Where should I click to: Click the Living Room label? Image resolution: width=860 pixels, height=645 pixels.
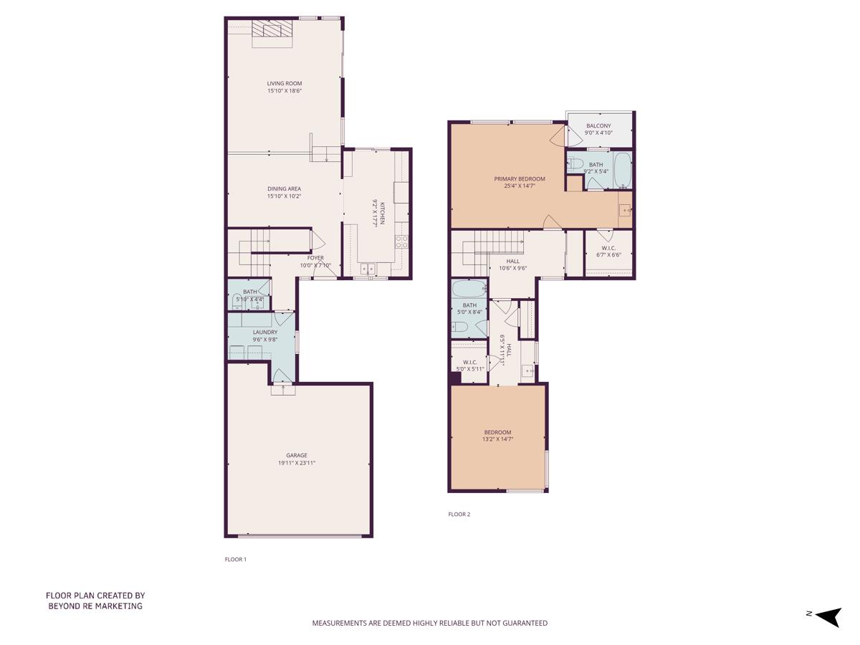[x=285, y=84]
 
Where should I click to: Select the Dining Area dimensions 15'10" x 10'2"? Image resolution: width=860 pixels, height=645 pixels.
[x=285, y=196]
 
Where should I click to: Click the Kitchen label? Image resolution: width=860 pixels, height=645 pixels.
[x=383, y=213]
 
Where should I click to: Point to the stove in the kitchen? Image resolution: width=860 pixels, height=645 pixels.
[x=402, y=242]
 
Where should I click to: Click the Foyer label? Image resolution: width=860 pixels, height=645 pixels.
[x=315, y=258]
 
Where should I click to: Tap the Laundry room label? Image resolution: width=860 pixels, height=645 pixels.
[x=264, y=333]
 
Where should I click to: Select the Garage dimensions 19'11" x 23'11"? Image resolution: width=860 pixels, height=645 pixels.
[x=297, y=464]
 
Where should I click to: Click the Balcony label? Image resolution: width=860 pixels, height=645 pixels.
[x=598, y=126]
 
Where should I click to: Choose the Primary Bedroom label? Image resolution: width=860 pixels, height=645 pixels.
[x=520, y=179]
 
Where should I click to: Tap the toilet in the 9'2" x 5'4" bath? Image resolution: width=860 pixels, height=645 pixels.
[x=575, y=164]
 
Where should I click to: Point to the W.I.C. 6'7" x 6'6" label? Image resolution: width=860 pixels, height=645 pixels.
[x=608, y=249]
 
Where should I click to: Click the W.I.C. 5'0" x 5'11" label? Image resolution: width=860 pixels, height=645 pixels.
[x=470, y=363]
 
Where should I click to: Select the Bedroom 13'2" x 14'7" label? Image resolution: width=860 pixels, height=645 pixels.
[x=497, y=432]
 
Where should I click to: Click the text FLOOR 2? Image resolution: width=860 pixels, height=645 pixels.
[x=459, y=515]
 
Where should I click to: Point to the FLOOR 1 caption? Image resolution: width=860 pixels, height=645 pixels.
[x=236, y=560]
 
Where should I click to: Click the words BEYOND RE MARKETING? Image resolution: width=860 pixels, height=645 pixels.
[x=95, y=606]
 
